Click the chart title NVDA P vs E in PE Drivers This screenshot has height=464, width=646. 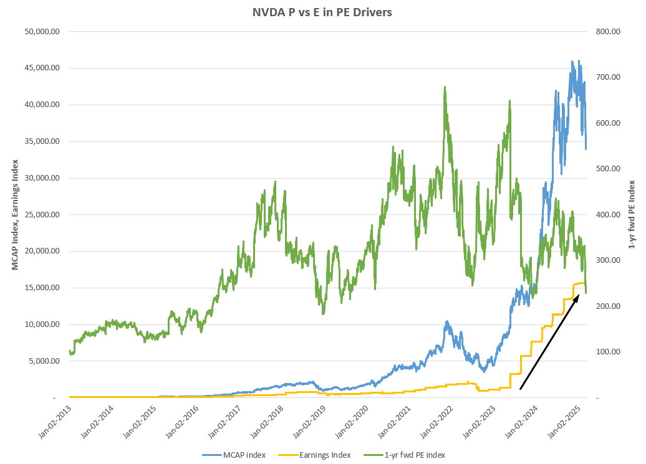(322, 12)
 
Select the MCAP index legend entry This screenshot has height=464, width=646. (244, 455)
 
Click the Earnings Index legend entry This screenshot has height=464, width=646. (325, 455)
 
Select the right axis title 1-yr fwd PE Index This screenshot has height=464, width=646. (632, 214)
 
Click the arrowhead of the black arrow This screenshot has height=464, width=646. (579, 294)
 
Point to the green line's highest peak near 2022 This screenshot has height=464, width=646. (445, 87)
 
